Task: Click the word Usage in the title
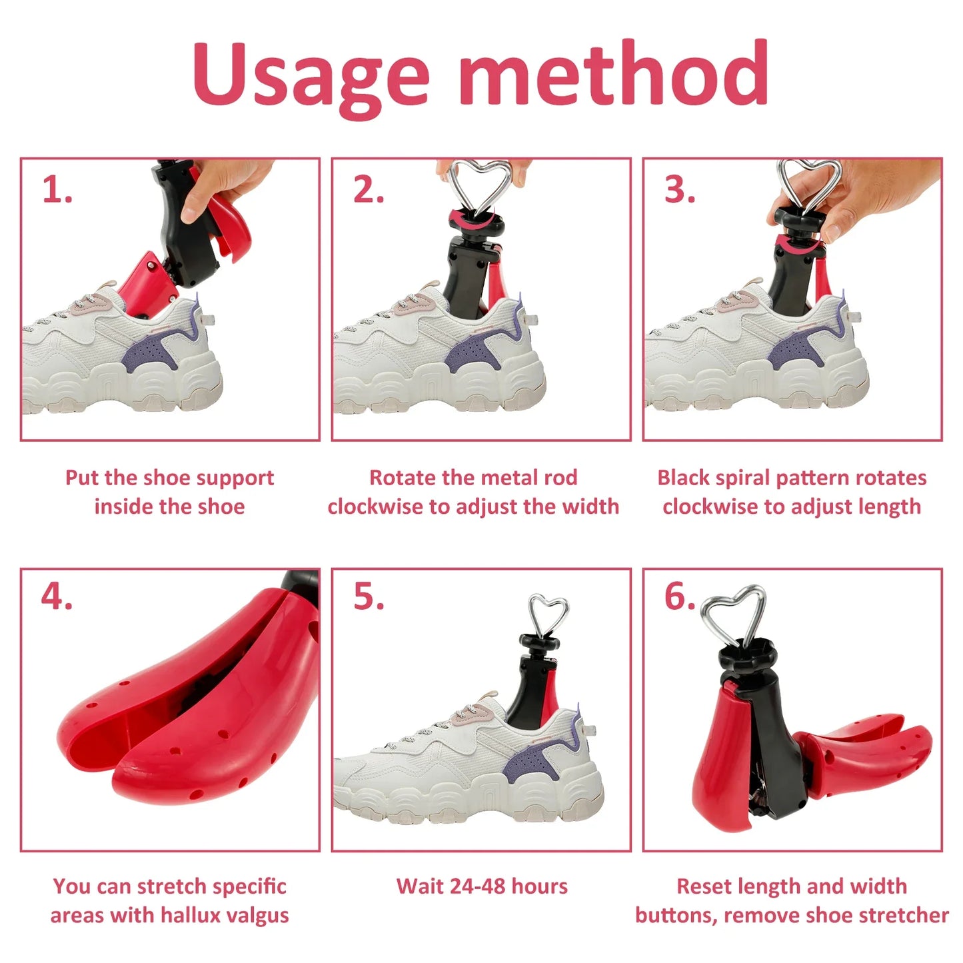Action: tap(311, 75)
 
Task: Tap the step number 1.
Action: tap(57, 191)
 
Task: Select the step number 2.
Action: tap(369, 191)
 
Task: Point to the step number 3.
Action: tap(680, 191)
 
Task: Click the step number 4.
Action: tap(57, 596)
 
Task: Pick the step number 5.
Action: tap(369, 596)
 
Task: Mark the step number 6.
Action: tap(680, 596)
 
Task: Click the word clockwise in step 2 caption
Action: tap(376, 507)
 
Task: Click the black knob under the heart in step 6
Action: tap(747, 654)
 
